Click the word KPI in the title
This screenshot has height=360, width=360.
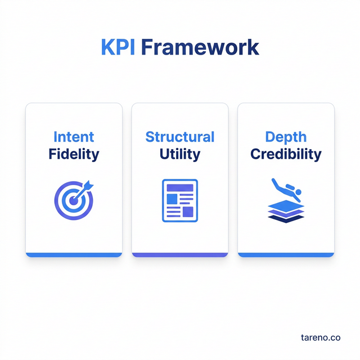[x=118, y=47]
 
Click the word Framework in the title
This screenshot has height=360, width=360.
[x=200, y=47]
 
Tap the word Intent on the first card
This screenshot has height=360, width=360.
[x=74, y=137]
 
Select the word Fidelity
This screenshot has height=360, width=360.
[x=74, y=154]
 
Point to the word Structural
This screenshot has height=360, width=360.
[x=180, y=137]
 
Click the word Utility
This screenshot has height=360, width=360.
[x=180, y=154]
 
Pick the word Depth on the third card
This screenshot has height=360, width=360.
[x=286, y=137]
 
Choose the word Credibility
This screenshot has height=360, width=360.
[x=286, y=154]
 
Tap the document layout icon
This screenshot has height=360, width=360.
[x=180, y=200]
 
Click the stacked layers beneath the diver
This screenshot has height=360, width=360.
[x=286, y=212]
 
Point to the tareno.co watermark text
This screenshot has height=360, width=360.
[x=321, y=337]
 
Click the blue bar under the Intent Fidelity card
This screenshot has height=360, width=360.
[x=74, y=255]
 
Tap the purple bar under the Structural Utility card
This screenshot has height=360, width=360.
[x=180, y=255]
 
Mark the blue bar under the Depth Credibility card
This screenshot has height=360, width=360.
[x=286, y=255]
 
